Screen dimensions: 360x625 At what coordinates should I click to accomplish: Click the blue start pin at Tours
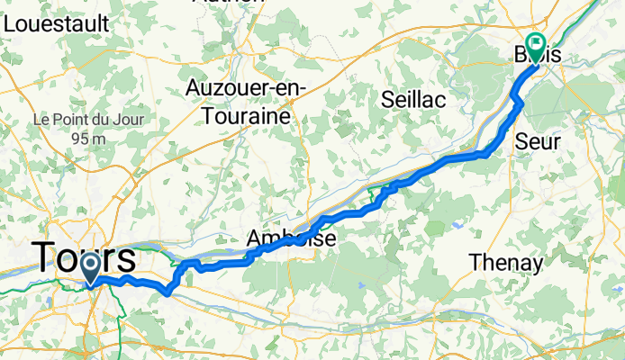[92, 266]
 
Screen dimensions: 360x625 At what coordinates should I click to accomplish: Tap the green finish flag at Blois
[536, 45]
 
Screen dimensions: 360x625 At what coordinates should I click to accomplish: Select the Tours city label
[86, 259]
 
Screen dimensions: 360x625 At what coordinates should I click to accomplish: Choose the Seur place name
[539, 141]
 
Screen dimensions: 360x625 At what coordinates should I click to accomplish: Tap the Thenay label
[505, 263]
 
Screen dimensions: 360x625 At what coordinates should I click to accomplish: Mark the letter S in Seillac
[387, 99]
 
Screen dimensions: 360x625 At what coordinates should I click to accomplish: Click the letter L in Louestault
[10, 24]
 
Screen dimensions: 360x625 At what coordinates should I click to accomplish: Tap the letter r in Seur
[557, 142]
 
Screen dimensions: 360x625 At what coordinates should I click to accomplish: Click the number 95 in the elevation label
[79, 139]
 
